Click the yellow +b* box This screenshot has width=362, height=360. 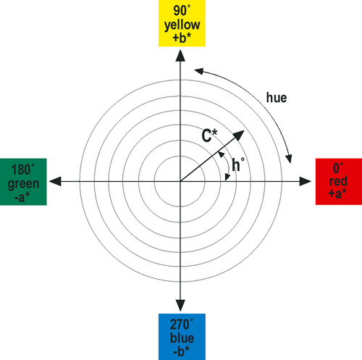click(182, 23)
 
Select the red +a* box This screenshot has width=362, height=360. click(339, 182)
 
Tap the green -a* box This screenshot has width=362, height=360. click(23, 182)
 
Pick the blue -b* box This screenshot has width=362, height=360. click(182, 337)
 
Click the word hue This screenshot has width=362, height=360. click(277, 98)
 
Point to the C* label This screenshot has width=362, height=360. click(209, 135)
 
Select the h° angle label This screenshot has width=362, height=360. click(238, 164)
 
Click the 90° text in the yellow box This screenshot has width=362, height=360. click(182, 11)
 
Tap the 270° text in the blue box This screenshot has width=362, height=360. click(182, 325)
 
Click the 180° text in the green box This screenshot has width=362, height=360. click(23, 169)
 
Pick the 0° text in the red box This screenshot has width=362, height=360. click(338, 168)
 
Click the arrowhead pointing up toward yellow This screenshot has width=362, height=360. click(180, 56)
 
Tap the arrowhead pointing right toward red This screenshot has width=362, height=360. click(306, 181)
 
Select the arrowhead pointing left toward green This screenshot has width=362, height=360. click(55, 181)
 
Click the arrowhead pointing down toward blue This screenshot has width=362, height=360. click(180, 306)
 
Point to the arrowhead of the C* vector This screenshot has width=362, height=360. click(239, 135)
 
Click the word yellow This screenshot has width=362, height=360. click(182, 25)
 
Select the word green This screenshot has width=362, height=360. click(23, 184)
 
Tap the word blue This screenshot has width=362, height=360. click(182, 338)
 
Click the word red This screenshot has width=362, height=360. click(338, 181)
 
